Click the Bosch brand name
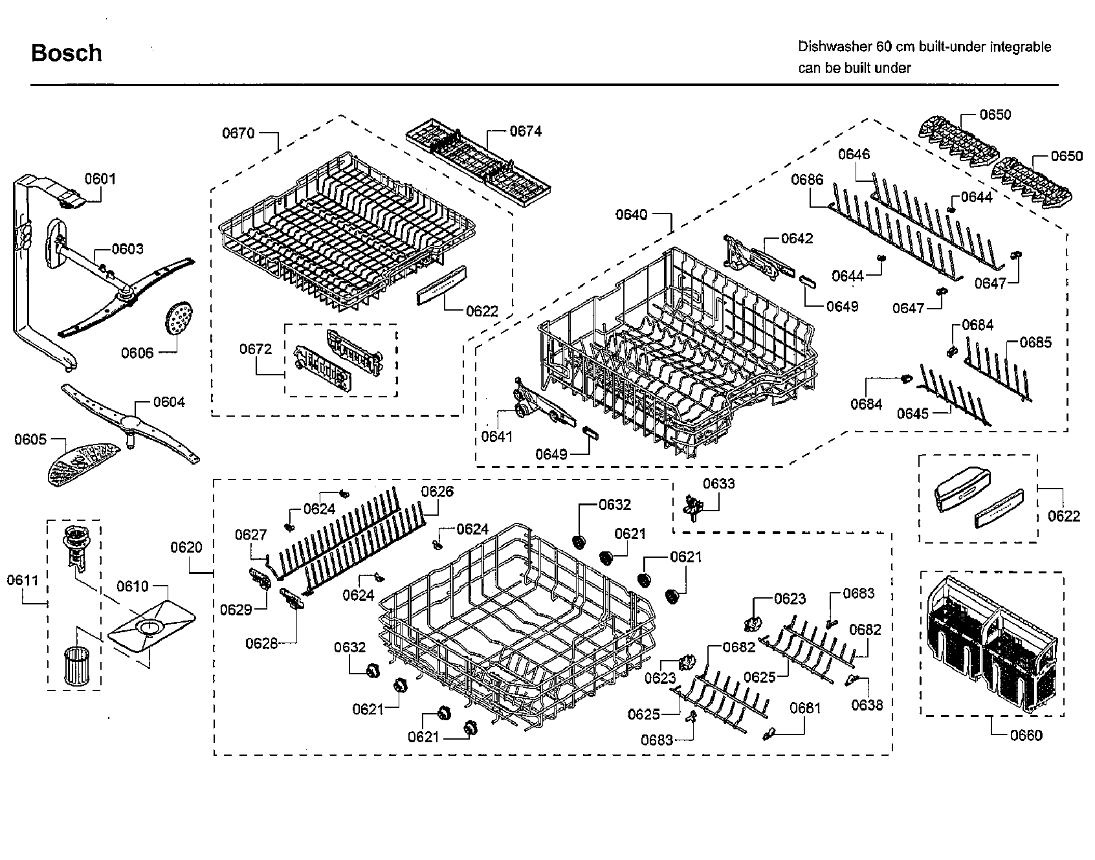[66, 52]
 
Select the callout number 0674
[525, 131]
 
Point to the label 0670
[238, 133]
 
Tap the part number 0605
[30, 439]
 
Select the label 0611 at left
[23, 580]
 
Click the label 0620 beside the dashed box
[186, 547]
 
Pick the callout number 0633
[719, 483]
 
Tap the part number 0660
[1026, 735]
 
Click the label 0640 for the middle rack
[631, 214]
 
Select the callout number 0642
[797, 238]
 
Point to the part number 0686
[807, 179]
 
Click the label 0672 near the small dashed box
[256, 349]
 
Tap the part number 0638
[867, 705]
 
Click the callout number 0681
[805, 708]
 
